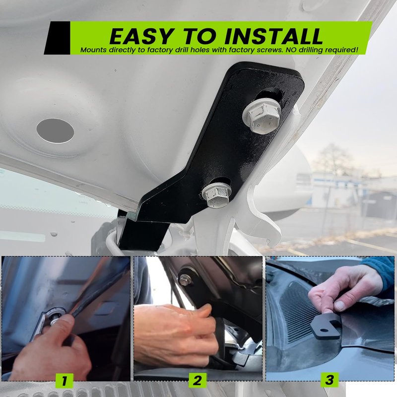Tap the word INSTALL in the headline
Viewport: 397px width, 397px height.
[273, 36]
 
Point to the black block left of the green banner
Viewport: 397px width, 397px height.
[58, 38]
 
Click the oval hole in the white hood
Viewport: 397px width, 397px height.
[55, 131]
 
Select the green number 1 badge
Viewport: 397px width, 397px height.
[65, 381]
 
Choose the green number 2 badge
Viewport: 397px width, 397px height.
[198, 380]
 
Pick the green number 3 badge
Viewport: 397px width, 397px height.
[330, 380]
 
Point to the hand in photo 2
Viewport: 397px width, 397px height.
[176, 334]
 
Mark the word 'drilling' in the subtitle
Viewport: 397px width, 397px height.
[311, 50]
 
